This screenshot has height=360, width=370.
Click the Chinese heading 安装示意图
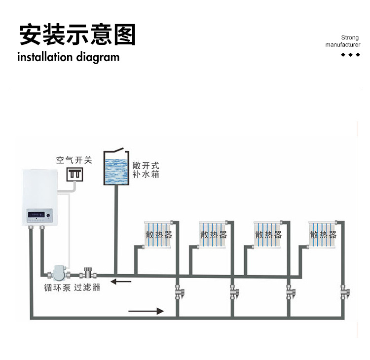[x=77, y=35]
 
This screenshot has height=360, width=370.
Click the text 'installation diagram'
[x=68, y=57]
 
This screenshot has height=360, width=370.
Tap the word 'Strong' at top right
[x=350, y=37]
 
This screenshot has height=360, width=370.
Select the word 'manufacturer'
[x=343, y=45]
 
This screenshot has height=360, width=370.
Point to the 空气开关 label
[x=74, y=160]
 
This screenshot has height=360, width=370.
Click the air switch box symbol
[x=75, y=174]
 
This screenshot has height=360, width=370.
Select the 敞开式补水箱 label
[x=146, y=170]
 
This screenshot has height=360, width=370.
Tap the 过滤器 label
[x=87, y=288]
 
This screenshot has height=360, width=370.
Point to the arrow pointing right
[x=146, y=311]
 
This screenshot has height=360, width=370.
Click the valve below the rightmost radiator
[x=344, y=293]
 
